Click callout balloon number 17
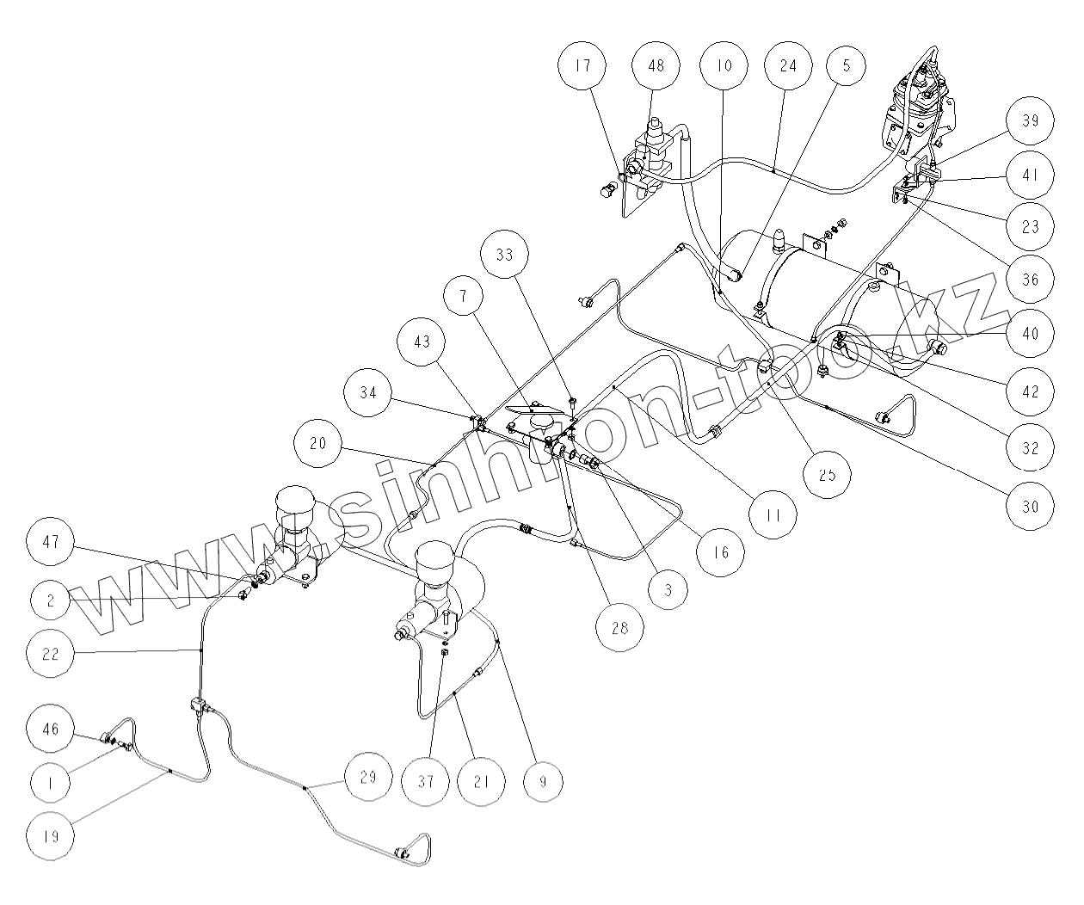tap(584, 66)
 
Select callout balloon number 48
tap(656, 66)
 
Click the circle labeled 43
tap(422, 342)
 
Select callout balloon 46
tap(51, 730)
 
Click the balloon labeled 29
tap(367, 778)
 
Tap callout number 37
tap(427, 782)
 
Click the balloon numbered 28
tap(620, 627)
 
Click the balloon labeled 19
tap(51, 835)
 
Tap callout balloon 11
tap(772, 516)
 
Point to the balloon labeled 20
tap(317, 444)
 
